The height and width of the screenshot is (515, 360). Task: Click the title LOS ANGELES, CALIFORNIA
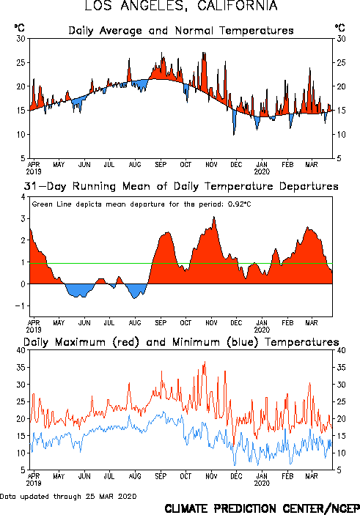click(x=181, y=6)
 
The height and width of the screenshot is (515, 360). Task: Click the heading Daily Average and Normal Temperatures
click(x=181, y=31)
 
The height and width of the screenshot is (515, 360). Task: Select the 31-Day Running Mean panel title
click(x=181, y=186)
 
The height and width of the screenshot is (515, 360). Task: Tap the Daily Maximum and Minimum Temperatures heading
click(x=181, y=342)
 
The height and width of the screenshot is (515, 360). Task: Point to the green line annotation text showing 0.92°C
click(x=142, y=204)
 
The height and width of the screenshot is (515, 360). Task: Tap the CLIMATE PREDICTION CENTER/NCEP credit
click(x=262, y=508)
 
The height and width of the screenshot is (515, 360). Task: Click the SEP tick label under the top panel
click(x=161, y=165)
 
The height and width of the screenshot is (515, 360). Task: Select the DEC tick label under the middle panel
click(x=236, y=323)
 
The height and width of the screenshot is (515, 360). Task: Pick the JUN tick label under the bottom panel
click(x=84, y=476)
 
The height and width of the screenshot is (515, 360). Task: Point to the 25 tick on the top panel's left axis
click(x=21, y=62)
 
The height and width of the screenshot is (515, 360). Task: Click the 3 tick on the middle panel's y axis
click(x=23, y=219)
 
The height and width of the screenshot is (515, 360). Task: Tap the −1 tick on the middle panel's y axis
click(x=21, y=305)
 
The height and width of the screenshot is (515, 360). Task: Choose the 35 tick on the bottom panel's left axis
click(x=21, y=367)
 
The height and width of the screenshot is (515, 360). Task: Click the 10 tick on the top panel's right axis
click(x=341, y=134)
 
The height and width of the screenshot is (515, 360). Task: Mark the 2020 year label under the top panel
click(x=262, y=171)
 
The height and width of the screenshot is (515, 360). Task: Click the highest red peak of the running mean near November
click(x=214, y=217)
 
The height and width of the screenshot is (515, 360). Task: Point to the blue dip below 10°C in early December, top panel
click(x=234, y=134)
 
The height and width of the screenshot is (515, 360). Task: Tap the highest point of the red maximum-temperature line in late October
click(x=205, y=362)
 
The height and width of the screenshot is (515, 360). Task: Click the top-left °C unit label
click(x=19, y=28)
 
